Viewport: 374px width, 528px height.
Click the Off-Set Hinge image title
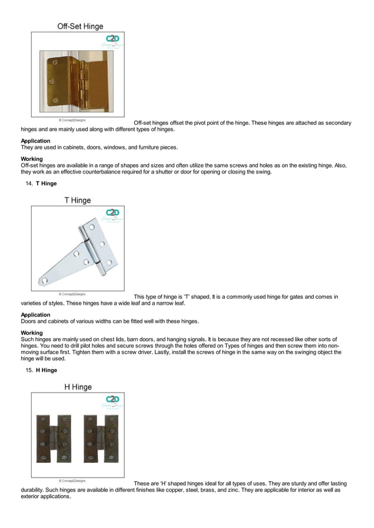[80, 26]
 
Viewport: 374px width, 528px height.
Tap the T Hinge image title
[77, 200]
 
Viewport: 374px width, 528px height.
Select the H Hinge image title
[77, 387]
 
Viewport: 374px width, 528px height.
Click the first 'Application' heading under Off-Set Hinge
[35, 141]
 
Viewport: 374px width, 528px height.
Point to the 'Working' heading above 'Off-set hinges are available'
[32, 159]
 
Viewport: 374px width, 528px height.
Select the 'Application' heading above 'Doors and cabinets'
[35, 315]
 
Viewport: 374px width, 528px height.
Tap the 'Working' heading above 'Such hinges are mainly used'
[32, 333]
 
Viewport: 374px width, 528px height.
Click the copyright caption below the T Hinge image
[72, 294]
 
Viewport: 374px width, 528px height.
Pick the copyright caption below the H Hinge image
[72, 481]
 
